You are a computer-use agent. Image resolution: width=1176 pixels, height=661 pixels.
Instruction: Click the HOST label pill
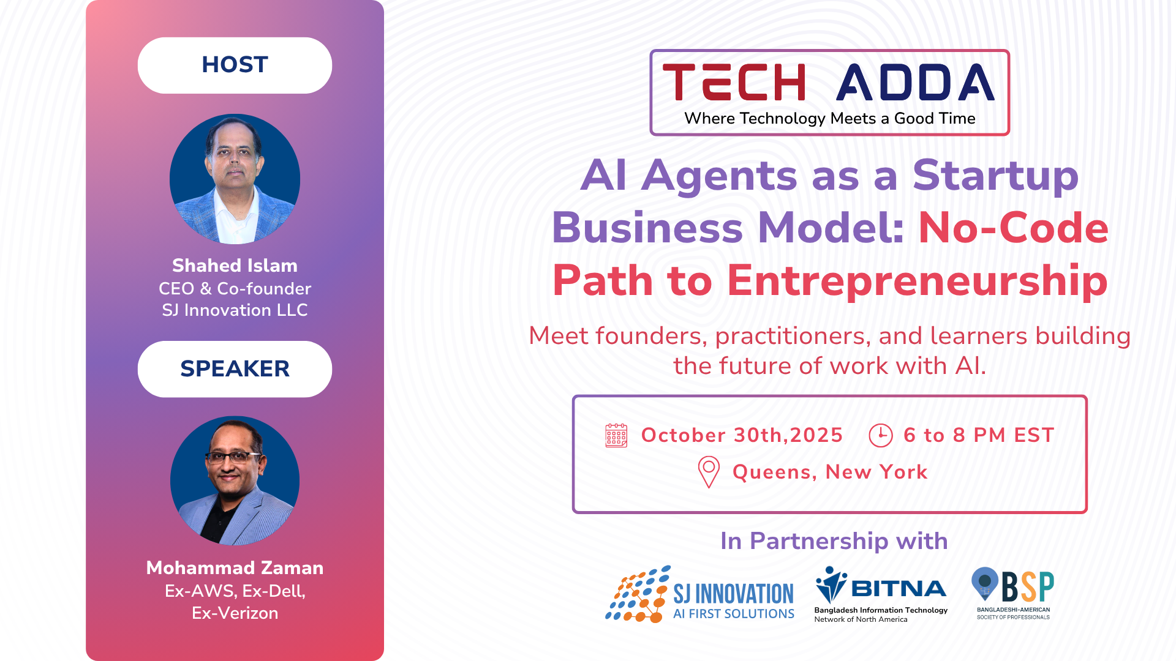point(235,65)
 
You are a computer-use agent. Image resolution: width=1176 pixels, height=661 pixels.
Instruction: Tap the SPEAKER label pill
point(235,369)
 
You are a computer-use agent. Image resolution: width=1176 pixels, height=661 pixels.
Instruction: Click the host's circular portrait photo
point(235,179)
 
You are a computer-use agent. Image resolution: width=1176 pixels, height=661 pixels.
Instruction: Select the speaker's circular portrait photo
point(235,481)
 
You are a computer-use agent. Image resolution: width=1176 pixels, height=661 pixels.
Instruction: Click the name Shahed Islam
point(235,266)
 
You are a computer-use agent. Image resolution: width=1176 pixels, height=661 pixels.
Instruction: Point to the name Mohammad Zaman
point(235,568)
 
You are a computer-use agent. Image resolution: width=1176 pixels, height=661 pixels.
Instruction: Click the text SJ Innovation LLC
point(235,310)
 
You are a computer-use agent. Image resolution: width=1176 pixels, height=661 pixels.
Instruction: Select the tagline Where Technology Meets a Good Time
point(830,118)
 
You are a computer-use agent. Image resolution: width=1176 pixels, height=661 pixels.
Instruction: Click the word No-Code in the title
point(1014,228)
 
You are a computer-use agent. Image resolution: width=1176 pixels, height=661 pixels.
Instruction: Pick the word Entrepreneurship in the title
point(917,281)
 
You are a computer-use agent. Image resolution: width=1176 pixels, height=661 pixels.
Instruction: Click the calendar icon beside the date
point(616,435)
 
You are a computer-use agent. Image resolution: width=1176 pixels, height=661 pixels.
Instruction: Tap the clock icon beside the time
point(881,435)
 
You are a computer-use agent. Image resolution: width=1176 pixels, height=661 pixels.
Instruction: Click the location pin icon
point(709,472)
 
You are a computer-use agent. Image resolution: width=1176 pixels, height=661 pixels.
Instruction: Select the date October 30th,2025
point(742,435)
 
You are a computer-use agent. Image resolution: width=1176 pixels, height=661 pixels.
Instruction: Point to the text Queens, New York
point(830,472)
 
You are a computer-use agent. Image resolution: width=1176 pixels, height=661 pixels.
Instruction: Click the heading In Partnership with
point(834,541)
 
